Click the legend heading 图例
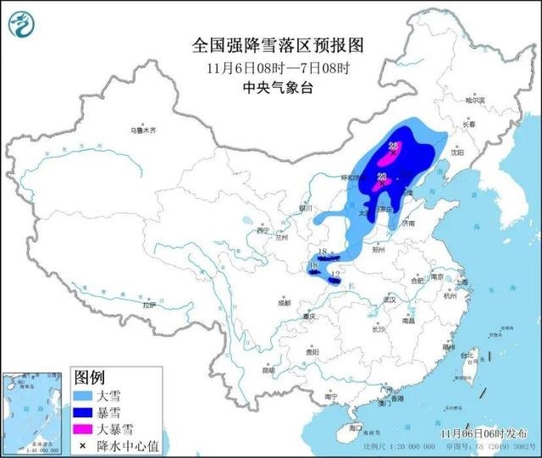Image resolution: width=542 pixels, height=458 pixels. click(90, 376)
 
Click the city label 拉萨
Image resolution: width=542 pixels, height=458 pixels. click(150, 304)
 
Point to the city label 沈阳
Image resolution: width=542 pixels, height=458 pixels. click(481, 153)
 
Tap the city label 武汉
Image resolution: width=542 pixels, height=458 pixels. click(390, 300)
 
